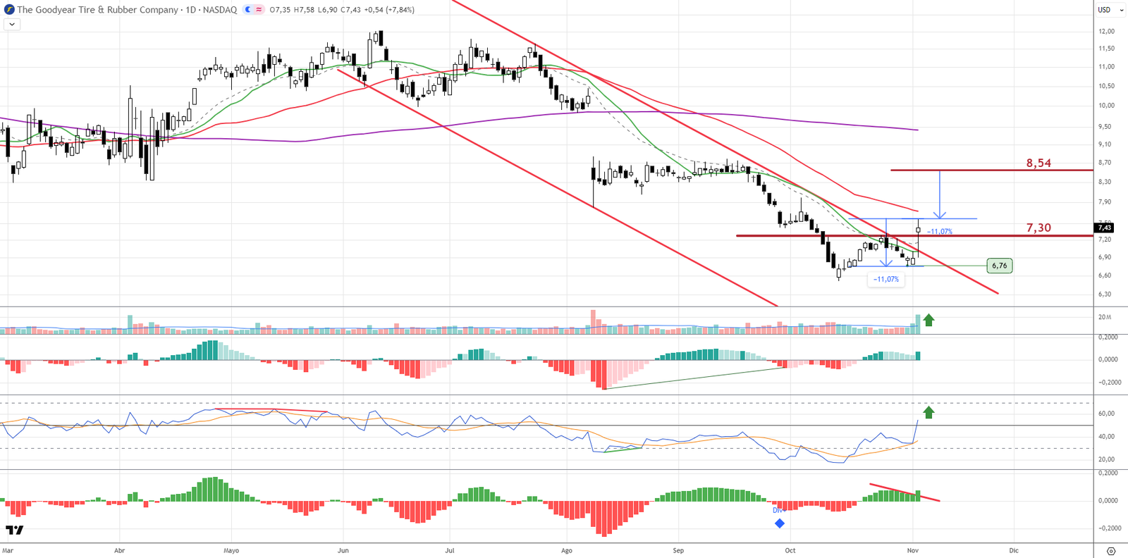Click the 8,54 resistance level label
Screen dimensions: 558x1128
pos(1038,163)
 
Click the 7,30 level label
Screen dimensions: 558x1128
pos(1038,228)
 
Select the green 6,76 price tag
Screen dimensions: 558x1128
pos(999,266)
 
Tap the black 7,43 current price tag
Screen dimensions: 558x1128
pos(1104,228)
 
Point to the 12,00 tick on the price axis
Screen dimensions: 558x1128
pos(1106,31)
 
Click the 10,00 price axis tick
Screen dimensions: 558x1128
pos(1106,106)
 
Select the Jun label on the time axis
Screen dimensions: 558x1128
pos(343,550)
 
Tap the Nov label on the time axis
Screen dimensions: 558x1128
pos(912,550)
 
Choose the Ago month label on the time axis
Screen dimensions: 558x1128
pos(567,550)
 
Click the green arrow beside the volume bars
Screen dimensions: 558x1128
pos(928,320)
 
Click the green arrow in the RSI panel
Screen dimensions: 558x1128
pos(928,412)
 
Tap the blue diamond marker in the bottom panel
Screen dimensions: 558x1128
pos(780,523)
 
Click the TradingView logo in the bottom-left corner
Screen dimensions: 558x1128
pos(14,530)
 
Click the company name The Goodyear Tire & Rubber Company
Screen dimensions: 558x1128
pos(97,10)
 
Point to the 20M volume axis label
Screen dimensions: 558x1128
pos(1105,317)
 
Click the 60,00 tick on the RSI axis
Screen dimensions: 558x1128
pos(1107,414)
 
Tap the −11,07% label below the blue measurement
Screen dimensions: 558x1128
pos(885,279)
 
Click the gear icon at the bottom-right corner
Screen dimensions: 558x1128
pos(1111,551)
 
